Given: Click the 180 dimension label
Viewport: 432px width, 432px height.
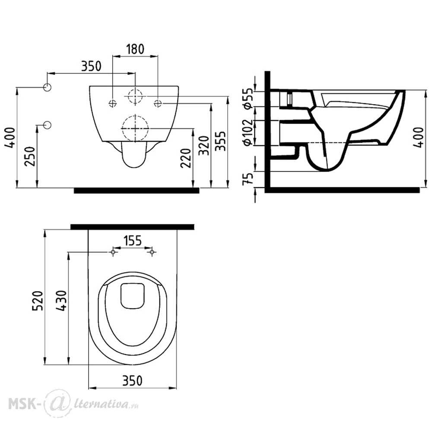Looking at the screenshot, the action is coord(135,49).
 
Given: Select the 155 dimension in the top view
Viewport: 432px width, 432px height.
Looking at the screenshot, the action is coord(132,240).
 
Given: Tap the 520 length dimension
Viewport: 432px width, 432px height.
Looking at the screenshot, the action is coord(38,300).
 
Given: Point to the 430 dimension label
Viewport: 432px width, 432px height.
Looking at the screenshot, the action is coord(61,300).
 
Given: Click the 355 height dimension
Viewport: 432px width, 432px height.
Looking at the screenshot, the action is coord(220,141).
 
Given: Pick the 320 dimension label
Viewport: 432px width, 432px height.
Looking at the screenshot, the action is coord(204,145).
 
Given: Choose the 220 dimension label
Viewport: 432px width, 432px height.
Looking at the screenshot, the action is coord(186,158).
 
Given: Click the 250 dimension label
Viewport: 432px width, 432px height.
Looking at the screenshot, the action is coord(30,156).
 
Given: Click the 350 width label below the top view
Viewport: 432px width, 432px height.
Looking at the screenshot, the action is coord(132,381).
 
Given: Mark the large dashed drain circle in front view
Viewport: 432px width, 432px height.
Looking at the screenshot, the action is coord(135,128).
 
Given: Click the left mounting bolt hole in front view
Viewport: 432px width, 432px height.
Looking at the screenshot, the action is coord(113,103).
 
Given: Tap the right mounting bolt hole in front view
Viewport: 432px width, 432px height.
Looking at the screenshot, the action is coord(158,103).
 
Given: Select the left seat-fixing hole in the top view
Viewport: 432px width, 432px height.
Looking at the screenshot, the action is coord(113,252).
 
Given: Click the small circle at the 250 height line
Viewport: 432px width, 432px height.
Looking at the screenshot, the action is coord(48,125).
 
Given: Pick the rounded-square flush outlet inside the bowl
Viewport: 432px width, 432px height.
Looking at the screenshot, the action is coord(133,296).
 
